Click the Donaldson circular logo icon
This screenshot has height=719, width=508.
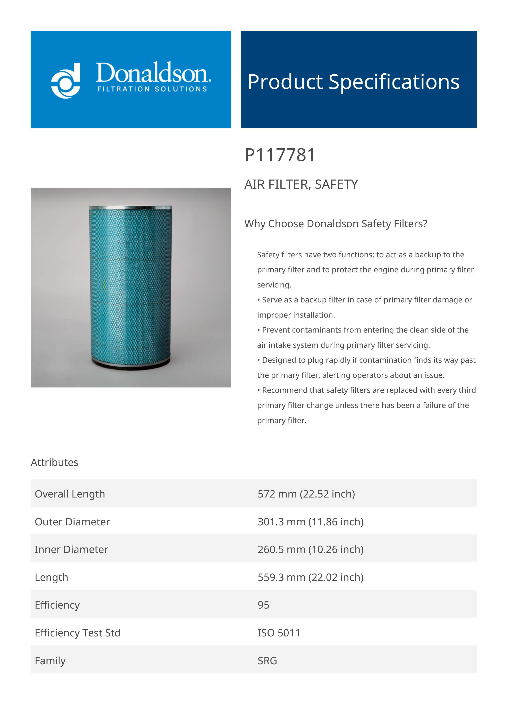pyautogui.click(x=66, y=81)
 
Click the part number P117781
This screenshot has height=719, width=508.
pyautogui.click(x=280, y=155)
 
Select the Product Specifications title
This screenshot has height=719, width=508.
pyautogui.click(x=353, y=82)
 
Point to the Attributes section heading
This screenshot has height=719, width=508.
pyautogui.click(x=54, y=462)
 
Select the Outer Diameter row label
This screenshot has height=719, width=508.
pyautogui.click(x=72, y=522)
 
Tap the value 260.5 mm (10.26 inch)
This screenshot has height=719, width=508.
pyautogui.click(x=311, y=549)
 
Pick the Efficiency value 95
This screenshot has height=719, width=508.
pyautogui.click(x=263, y=605)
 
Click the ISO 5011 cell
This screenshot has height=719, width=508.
pyautogui.click(x=279, y=633)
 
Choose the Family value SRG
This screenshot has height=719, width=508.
pyautogui.click(x=267, y=661)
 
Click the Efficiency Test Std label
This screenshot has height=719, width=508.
pyautogui.click(x=78, y=633)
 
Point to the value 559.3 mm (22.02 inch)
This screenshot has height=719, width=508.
pyautogui.click(x=311, y=577)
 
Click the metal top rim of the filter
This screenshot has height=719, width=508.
pyautogui.click(x=130, y=208)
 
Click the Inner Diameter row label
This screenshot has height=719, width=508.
pyautogui.click(x=71, y=549)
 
